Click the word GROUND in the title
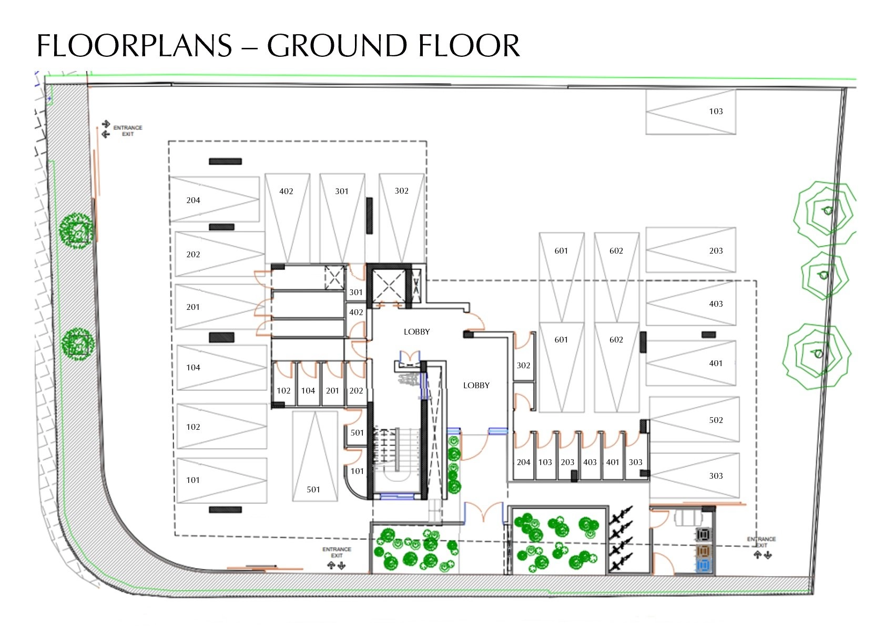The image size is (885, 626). (337, 45)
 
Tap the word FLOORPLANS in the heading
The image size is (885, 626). (134, 45)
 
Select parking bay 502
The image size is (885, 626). (694, 419)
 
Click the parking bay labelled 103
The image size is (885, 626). (690, 112)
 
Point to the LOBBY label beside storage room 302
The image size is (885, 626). (476, 385)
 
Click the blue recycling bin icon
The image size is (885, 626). (703, 566)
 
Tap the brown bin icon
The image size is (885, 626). (703, 551)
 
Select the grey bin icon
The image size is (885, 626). (703, 535)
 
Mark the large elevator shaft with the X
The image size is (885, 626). (389, 287)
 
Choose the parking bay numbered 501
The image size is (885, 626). (315, 456)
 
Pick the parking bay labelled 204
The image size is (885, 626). (215, 199)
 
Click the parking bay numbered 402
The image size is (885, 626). (287, 218)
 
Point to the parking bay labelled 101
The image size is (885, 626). (222, 481)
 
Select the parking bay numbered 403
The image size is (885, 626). (690, 303)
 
